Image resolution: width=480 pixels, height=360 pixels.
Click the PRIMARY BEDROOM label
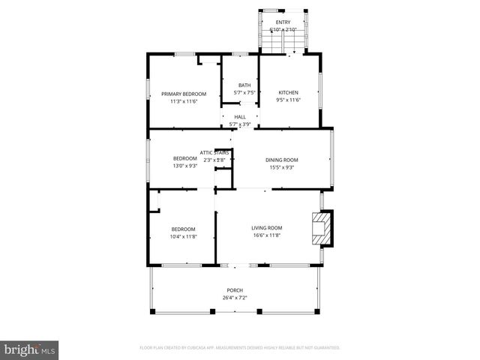click(184, 94)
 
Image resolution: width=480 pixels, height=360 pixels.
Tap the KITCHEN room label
click(288, 92)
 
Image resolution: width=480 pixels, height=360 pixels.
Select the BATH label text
click(244, 85)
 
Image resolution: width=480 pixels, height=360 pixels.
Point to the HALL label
click(240, 117)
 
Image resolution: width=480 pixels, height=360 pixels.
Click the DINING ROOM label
click(282, 160)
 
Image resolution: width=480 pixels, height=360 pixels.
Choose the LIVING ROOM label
click(266, 228)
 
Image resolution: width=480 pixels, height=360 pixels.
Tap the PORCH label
click(235, 290)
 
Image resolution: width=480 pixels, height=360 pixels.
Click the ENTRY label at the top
click(283, 22)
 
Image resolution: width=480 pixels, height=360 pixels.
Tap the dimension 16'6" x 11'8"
click(266, 235)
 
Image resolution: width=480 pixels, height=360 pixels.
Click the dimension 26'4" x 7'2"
click(235, 298)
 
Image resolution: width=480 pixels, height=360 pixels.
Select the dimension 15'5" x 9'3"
click(282, 167)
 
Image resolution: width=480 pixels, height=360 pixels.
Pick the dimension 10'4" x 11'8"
click(183, 236)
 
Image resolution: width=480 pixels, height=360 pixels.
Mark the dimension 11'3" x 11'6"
click(184, 101)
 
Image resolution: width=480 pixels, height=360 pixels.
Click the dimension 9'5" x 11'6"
click(288, 100)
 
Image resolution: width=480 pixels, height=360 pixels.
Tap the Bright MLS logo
click(30, 349)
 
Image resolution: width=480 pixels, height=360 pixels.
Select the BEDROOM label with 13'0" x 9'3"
click(185, 158)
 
